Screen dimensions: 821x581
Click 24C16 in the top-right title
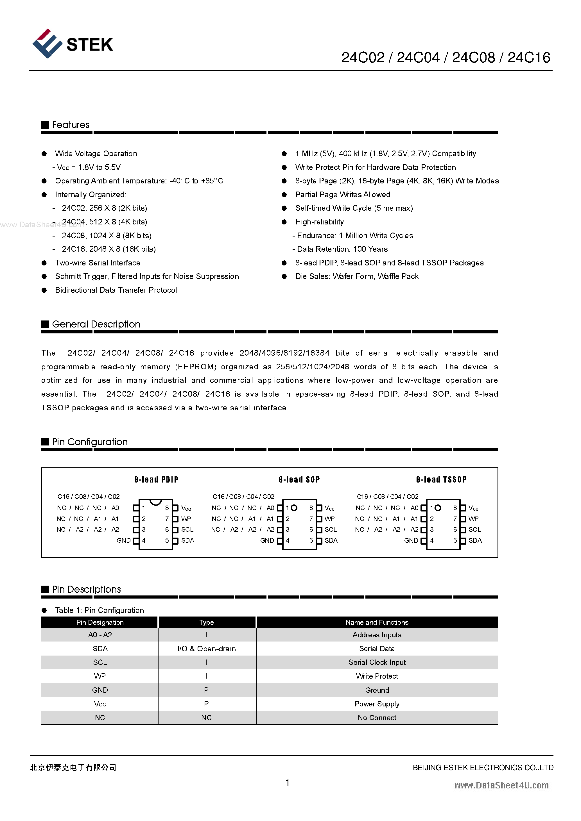(x=528, y=58)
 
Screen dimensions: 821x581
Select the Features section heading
(x=71, y=125)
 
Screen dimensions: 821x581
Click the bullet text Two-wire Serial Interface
(x=97, y=263)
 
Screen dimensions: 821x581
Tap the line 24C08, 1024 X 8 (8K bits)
(x=106, y=236)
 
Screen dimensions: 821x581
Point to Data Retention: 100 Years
(x=342, y=249)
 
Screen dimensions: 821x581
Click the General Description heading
(x=96, y=324)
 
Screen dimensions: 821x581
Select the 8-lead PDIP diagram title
(x=156, y=480)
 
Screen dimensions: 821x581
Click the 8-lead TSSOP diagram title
(x=441, y=480)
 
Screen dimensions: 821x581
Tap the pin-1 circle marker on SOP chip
(x=294, y=508)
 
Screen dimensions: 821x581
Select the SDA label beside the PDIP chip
(x=187, y=541)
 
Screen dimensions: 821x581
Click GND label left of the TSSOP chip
(x=411, y=541)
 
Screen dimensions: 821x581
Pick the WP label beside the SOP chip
(x=329, y=519)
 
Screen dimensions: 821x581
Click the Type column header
(x=206, y=622)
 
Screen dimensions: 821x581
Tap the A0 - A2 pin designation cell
(x=100, y=635)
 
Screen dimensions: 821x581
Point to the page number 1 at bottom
(x=287, y=783)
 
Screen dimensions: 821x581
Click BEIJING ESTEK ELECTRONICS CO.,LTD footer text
(x=483, y=768)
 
